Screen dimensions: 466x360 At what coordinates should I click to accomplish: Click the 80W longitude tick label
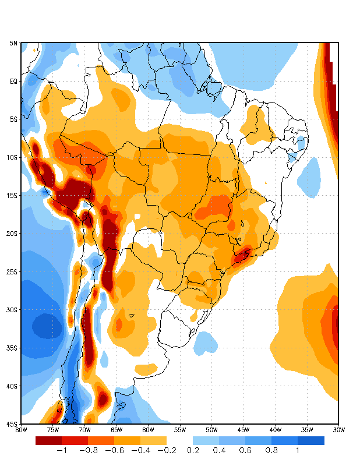(x=21, y=430)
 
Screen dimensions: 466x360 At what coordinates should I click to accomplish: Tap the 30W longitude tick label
(x=338, y=430)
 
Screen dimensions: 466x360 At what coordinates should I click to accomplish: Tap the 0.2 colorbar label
(x=193, y=450)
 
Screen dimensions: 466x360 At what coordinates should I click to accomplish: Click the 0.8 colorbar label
(x=271, y=450)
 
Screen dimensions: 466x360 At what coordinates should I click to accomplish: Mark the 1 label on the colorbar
(x=298, y=450)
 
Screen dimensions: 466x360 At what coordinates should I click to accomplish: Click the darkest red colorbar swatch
(x=48, y=441)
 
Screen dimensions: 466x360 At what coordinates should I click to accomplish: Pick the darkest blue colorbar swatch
(x=311, y=441)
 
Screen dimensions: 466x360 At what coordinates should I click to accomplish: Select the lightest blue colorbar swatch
(x=206, y=441)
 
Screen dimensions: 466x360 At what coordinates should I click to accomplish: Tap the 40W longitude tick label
(x=275, y=430)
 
